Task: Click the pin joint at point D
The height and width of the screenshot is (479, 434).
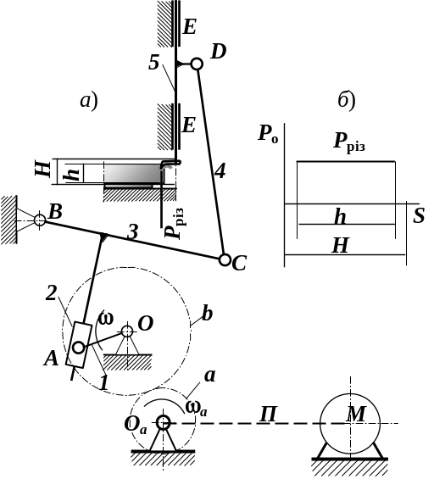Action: pos(197,64)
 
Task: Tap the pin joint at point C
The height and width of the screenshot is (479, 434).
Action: pos(225,260)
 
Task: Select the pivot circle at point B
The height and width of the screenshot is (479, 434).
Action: pos(39,220)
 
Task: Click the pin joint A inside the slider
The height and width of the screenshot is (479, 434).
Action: pos(79,348)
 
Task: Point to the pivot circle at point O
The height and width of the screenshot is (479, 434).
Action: pos(127,331)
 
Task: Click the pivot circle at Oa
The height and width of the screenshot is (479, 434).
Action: pos(164,423)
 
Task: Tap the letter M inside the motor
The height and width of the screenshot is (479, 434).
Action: pos(355,414)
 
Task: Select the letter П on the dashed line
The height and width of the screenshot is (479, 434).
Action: pos(269,415)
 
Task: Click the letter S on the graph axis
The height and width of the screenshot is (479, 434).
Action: pos(419,215)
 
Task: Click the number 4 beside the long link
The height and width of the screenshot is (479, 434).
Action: pos(220,170)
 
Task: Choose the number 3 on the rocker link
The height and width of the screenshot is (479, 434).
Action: pos(133,232)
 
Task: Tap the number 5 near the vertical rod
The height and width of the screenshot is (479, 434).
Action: pos(154,63)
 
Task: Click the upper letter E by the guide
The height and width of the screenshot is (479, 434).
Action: pos(190,27)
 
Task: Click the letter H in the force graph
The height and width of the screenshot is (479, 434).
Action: pos(340,245)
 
